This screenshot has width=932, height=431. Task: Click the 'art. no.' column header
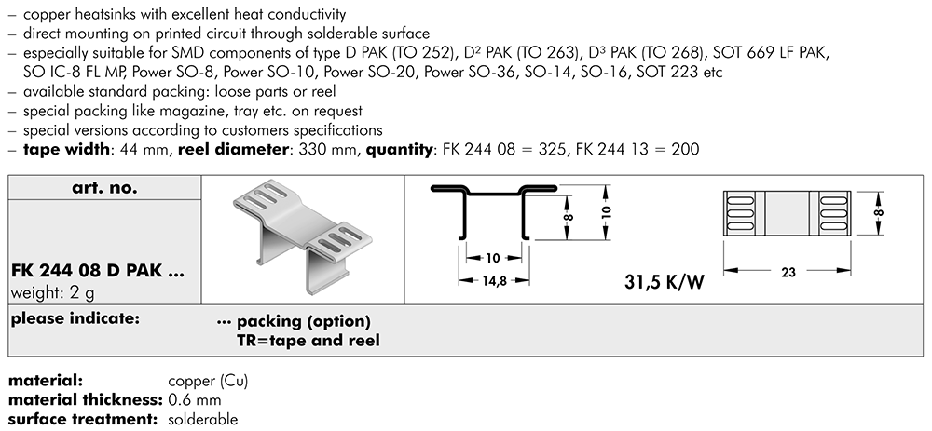(104, 188)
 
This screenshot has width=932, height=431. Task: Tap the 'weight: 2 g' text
(53, 292)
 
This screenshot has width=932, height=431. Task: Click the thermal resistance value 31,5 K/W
(656, 281)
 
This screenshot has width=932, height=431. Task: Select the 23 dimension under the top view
(789, 274)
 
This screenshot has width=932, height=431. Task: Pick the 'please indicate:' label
(75, 319)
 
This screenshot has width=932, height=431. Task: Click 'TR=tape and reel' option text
(308, 341)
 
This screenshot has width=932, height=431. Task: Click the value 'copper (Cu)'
(208, 382)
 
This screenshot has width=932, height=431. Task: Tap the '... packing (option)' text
(294, 321)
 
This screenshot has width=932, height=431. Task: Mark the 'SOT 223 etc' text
(671, 72)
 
